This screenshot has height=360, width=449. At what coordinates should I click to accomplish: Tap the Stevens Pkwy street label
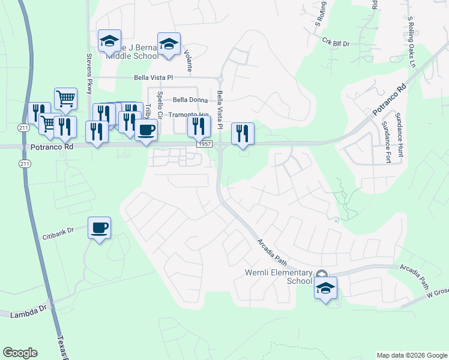coord(89,74)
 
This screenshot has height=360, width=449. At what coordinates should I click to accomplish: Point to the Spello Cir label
coord(160,104)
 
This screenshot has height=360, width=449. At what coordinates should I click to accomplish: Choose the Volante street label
coord(189,61)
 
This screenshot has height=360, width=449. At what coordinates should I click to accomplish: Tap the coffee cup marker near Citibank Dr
coord(100,227)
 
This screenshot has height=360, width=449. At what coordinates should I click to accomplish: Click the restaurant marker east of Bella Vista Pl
coord(243,133)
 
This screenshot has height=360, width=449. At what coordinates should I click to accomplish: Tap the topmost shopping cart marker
coord(65,98)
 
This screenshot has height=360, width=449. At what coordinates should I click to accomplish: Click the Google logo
coord(20,353)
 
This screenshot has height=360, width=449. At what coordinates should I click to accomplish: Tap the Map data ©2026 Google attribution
coord(411,355)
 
